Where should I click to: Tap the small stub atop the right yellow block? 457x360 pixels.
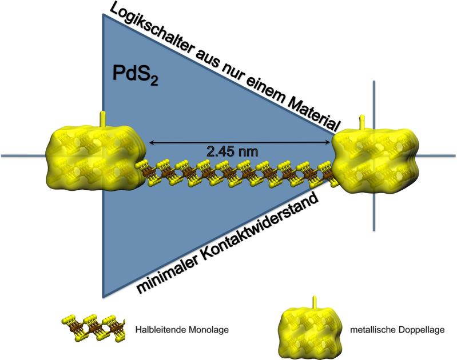(x=361, y=121)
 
